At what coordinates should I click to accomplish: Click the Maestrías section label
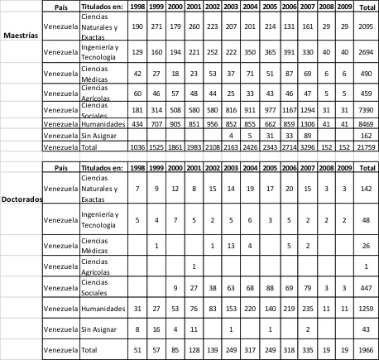click(x=21, y=38)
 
